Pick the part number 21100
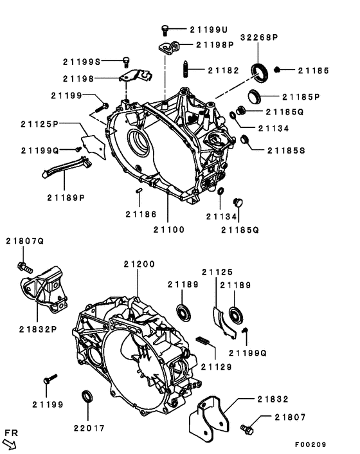pos(169,229)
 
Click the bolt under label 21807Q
pos(22,265)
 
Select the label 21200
pos(139,264)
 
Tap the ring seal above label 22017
pos(87,395)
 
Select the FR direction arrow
pos(10,443)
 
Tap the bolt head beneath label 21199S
pos(125,62)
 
